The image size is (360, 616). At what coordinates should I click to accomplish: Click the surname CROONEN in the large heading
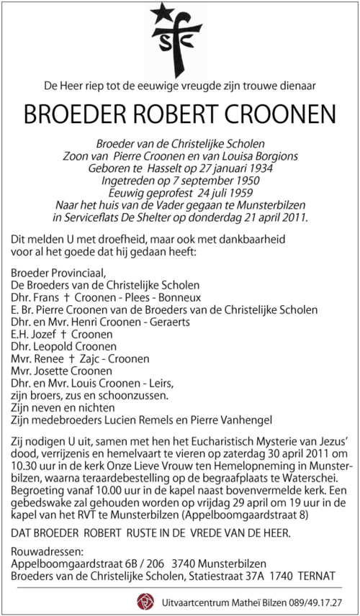(x=279, y=115)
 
